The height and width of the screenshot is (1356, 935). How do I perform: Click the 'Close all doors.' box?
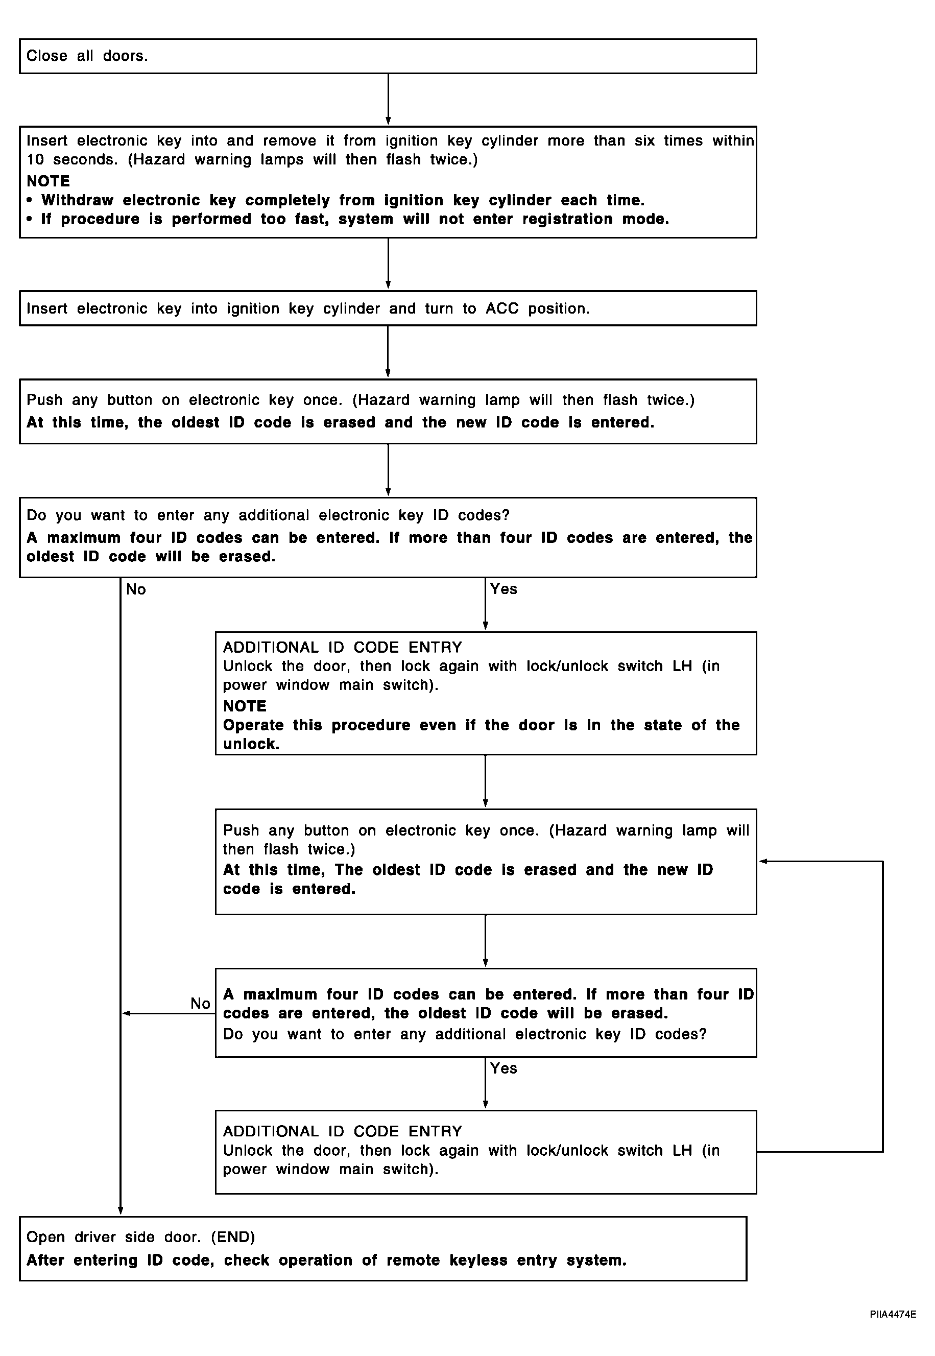click(388, 56)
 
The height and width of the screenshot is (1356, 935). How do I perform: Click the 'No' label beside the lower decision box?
click(200, 1003)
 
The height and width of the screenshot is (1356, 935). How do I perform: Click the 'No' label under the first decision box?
click(136, 589)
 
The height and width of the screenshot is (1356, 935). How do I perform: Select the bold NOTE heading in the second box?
click(48, 181)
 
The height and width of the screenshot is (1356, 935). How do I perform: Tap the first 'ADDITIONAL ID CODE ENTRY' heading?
click(342, 648)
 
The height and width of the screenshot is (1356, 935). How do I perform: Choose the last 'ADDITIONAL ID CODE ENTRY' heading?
click(342, 1132)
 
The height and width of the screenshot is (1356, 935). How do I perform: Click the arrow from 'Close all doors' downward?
click(388, 100)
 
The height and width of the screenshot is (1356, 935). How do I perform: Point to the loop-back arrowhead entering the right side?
click(763, 862)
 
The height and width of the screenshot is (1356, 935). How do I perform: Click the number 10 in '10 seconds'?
click(35, 159)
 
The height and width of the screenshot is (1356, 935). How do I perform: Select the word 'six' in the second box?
click(645, 140)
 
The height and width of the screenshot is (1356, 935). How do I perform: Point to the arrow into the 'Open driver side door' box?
click(121, 896)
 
